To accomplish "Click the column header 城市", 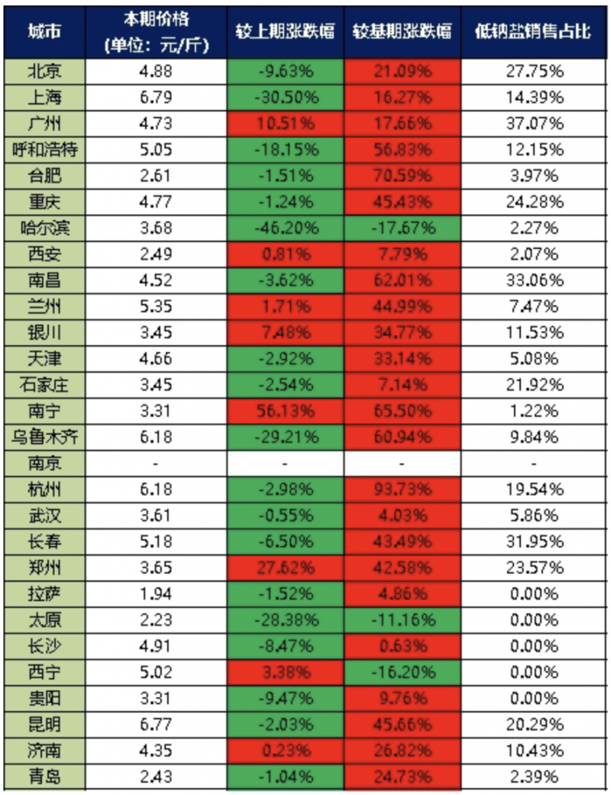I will [44, 31].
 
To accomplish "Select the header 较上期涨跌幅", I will [285, 31].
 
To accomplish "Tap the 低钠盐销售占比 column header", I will [534, 31].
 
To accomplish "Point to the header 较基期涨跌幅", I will [402, 31].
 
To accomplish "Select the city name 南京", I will [44, 464].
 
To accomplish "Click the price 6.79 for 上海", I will [156, 97].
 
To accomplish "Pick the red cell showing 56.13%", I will [285, 412].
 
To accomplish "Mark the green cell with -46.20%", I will [285, 228].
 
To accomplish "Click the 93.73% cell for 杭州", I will [402, 490].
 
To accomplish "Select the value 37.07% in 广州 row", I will [534, 123].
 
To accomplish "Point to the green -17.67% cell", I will [402, 228].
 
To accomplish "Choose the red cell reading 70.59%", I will [402, 176].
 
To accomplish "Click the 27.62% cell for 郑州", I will [285, 568].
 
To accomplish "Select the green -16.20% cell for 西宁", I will [402, 673].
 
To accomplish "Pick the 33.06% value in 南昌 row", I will [534, 280].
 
